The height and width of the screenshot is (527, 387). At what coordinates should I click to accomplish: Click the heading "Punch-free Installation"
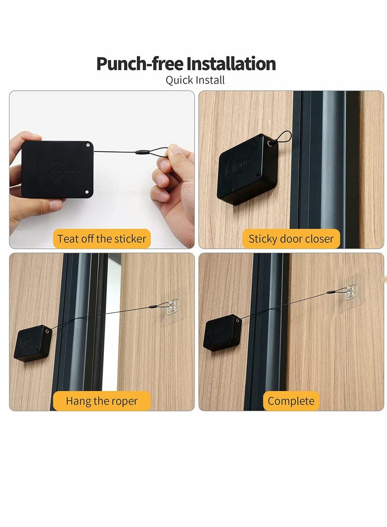(186, 64)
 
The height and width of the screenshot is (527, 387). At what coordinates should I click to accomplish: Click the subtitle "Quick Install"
(195, 80)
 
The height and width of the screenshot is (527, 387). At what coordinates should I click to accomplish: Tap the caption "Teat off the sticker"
(102, 239)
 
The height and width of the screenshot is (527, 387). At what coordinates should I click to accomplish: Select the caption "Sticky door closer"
(291, 239)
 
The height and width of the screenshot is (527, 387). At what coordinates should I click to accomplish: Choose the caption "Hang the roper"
(102, 401)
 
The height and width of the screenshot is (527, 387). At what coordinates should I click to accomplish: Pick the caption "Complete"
(291, 401)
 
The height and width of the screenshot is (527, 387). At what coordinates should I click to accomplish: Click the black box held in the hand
(57, 169)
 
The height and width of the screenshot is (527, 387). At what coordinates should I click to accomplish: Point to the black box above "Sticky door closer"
(248, 169)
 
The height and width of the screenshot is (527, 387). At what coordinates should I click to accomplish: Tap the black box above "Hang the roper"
(33, 343)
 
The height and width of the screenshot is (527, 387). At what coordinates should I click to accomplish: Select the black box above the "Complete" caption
(223, 332)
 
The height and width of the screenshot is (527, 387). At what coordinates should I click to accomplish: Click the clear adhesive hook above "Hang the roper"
(171, 307)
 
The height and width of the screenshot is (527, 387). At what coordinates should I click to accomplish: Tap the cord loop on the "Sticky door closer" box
(283, 137)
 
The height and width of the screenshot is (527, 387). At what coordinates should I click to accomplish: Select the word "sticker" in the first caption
(129, 239)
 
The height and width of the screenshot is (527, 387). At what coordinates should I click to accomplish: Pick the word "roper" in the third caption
(123, 401)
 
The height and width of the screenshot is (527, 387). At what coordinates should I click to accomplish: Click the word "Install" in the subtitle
(209, 80)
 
